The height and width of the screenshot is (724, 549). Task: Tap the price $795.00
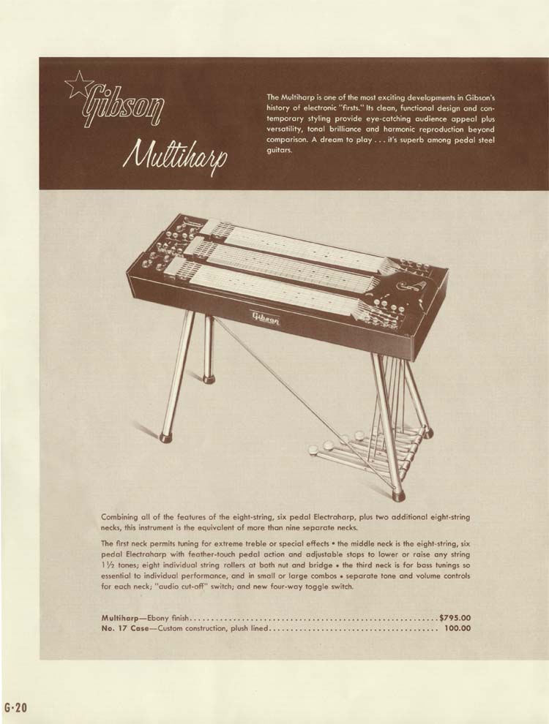455,618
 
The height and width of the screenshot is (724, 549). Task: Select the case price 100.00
457,629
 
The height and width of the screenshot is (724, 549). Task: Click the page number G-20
15,707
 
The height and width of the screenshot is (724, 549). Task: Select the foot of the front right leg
398,495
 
